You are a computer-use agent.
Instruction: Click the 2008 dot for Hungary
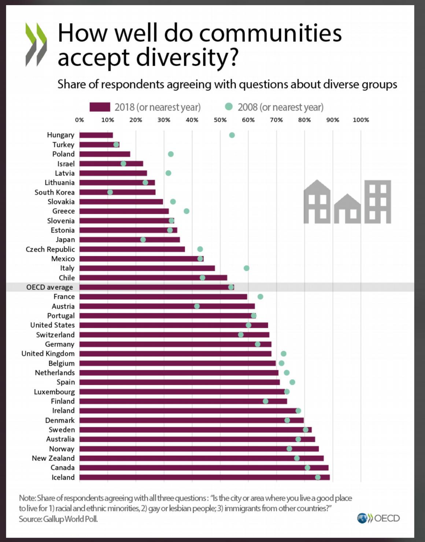(x=232, y=135)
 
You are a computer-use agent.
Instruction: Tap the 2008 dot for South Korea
(x=110, y=192)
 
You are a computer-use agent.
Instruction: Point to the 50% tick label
(x=220, y=120)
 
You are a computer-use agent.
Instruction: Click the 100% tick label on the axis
(x=361, y=120)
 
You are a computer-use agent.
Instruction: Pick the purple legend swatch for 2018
(x=100, y=107)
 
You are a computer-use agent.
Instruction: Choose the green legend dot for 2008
(x=229, y=107)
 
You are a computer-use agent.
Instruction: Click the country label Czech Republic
(x=50, y=249)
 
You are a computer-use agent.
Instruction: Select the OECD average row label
(x=49, y=287)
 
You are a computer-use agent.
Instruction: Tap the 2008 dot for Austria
(x=197, y=306)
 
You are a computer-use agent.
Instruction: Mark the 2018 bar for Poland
(x=105, y=154)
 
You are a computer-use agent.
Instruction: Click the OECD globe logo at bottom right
(x=362, y=518)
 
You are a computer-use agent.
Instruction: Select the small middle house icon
(x=347, y=209)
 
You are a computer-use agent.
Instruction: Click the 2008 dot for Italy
(x=247, y=268)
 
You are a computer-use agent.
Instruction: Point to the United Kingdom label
(x=48, y=354)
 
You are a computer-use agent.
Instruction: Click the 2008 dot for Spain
(x=292, y=382)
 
